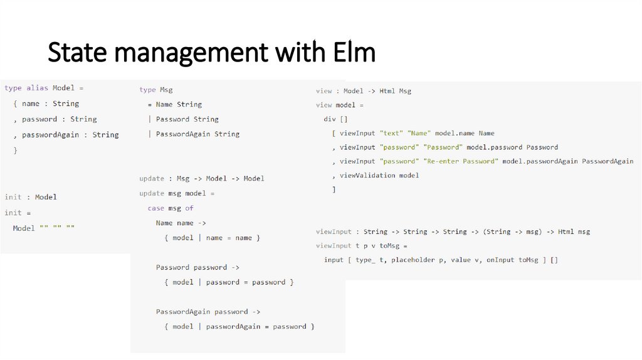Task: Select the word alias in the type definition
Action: [x=37, y=88]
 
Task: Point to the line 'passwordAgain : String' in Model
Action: [x=70, y=135]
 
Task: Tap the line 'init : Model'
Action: [x=31, y=197]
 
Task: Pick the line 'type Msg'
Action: [x=155, y=90]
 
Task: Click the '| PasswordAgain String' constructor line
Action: [x=194, y=134]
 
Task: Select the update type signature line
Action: [x=202, y=179]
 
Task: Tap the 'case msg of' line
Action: [x=171, y=208]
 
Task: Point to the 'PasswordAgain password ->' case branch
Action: [x=208, y=312]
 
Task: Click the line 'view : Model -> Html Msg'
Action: [x=364, y=91]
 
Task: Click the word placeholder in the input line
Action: [x=412, y=260]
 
